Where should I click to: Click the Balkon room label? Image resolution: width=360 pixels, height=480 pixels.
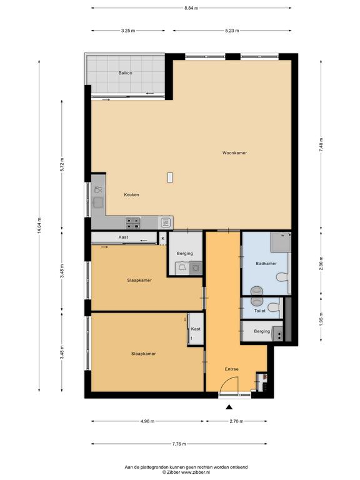pos(126,73)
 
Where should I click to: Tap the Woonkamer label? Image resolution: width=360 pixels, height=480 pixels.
pos(234,152)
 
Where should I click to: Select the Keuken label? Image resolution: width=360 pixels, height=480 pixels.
pos(132,195)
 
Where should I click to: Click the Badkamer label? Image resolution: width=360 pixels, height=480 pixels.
pos(266,263)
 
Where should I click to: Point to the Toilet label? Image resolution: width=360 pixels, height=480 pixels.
pos(260,311)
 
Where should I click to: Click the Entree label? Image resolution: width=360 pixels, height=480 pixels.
pos(232,369)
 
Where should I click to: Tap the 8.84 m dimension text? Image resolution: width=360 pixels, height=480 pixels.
pos(191,8)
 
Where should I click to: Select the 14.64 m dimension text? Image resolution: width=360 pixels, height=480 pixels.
pos(39,226)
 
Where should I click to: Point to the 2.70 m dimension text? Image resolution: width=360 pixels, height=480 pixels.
pos(237,421)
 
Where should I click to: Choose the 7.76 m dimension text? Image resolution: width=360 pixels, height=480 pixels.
pos(179,444)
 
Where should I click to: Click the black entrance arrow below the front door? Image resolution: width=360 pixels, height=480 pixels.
pos(229,407)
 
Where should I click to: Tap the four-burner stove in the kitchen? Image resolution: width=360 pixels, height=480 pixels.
pos(133,223)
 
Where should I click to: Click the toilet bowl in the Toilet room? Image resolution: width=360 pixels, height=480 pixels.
pos(274,307)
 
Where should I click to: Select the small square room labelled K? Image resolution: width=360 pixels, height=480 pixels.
pos(163,238)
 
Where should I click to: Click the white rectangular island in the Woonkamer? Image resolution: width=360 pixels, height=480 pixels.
pos(170,177)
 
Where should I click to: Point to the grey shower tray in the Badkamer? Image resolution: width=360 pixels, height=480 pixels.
pos(281,242)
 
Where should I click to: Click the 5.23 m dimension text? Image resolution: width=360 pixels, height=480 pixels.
pos(232,31)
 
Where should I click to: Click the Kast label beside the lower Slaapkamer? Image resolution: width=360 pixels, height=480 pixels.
pos(196,329)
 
